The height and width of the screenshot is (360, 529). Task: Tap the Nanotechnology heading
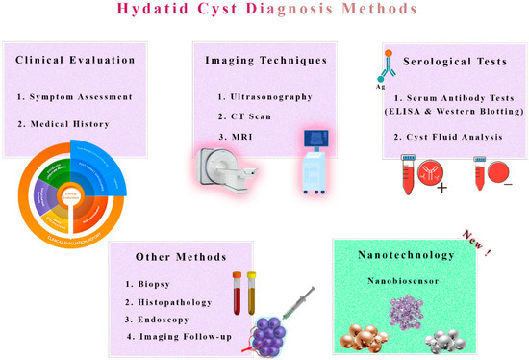point(407,257)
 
